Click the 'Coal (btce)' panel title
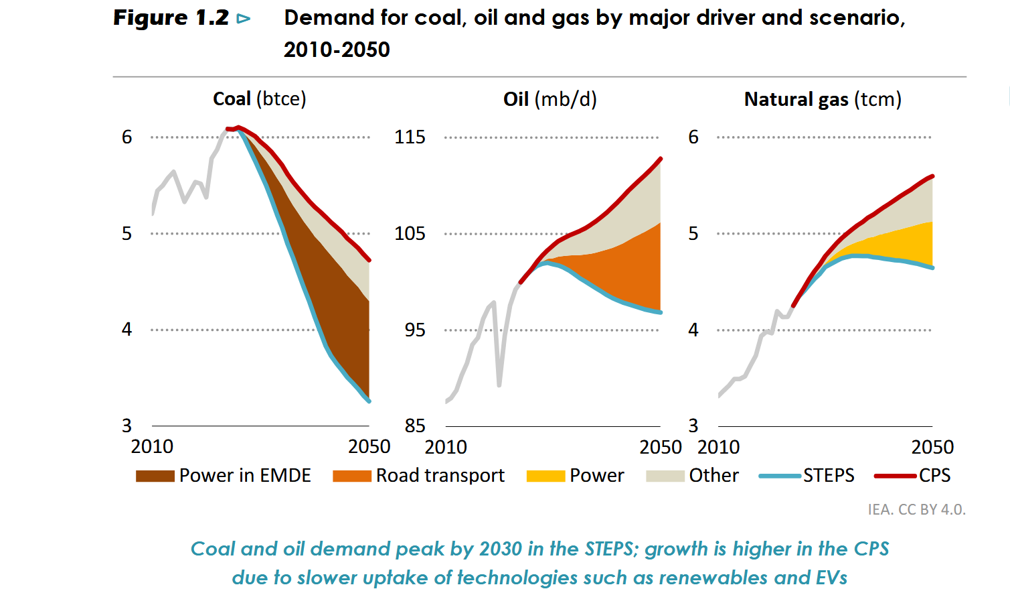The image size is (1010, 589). tap(259, 99)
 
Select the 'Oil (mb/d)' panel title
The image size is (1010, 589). tap(550, 99)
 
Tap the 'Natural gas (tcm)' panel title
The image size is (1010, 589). tap(823, 99)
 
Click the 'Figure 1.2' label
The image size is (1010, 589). tap(171, 18)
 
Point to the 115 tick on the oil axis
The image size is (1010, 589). tap(410, 137)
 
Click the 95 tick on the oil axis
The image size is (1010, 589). tap(414, 330)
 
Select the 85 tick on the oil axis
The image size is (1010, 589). tap(414, 426)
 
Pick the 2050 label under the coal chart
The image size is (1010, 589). tap(369, 446)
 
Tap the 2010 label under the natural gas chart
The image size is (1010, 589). tap(718, 447)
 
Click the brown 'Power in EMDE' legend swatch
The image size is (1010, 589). tap(155, 476)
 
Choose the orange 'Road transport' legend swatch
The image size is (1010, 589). tap(351, 476)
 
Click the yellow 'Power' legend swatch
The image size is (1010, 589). tap(545, 476)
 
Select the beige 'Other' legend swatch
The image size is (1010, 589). tap(665, 476)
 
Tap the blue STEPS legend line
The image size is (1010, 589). tap(780, 476)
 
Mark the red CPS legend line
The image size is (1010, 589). tap(895, 476)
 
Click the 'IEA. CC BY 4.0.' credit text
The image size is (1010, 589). tap(916, 509)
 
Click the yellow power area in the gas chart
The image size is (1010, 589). tap(904, 245)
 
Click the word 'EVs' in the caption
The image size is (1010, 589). tap(831, 578)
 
